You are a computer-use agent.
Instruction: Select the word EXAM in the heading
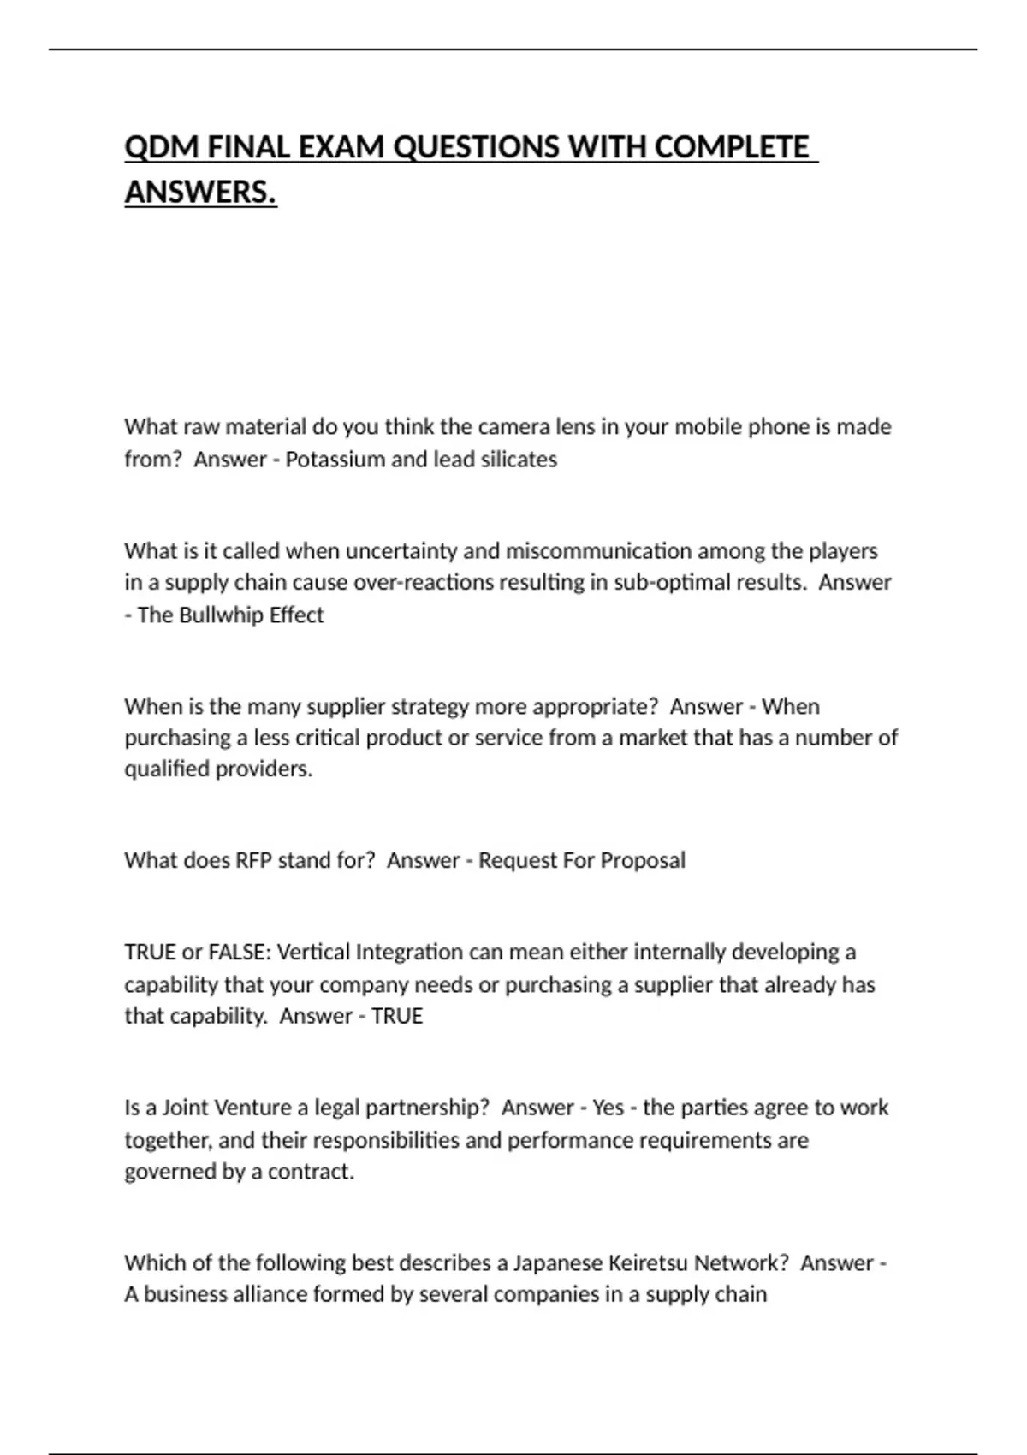tap(340, 147)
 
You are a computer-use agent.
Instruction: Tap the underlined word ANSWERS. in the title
tap(200, 192)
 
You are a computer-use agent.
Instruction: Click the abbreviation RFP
tap(253, 860)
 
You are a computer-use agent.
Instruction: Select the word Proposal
tap(643, 860)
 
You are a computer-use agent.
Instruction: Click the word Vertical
tap(313, 953)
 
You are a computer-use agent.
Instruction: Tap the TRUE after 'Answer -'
tap(397, 1016)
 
